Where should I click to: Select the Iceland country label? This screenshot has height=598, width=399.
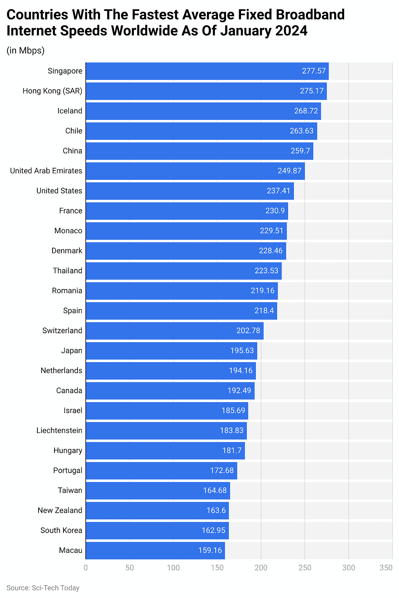(70, 111)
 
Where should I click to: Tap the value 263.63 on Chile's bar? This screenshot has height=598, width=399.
(301, 131)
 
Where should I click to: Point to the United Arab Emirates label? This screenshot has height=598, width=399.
(46, 171)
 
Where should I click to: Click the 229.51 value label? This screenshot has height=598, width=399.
(271, 231)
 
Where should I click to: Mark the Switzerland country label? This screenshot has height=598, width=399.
(62, 331)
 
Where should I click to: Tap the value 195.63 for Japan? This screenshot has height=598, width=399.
(242, 351)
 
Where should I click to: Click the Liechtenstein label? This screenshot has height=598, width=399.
(59, 431)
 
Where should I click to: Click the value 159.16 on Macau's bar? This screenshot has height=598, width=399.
(210, 551)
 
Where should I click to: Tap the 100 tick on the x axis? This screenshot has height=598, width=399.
(173, 568)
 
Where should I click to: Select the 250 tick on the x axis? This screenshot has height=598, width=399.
(305, 568)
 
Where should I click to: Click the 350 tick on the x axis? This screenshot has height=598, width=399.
(386, 568)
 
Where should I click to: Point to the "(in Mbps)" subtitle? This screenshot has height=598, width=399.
(25, 51)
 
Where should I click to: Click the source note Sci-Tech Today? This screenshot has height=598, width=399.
(43, 588)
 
